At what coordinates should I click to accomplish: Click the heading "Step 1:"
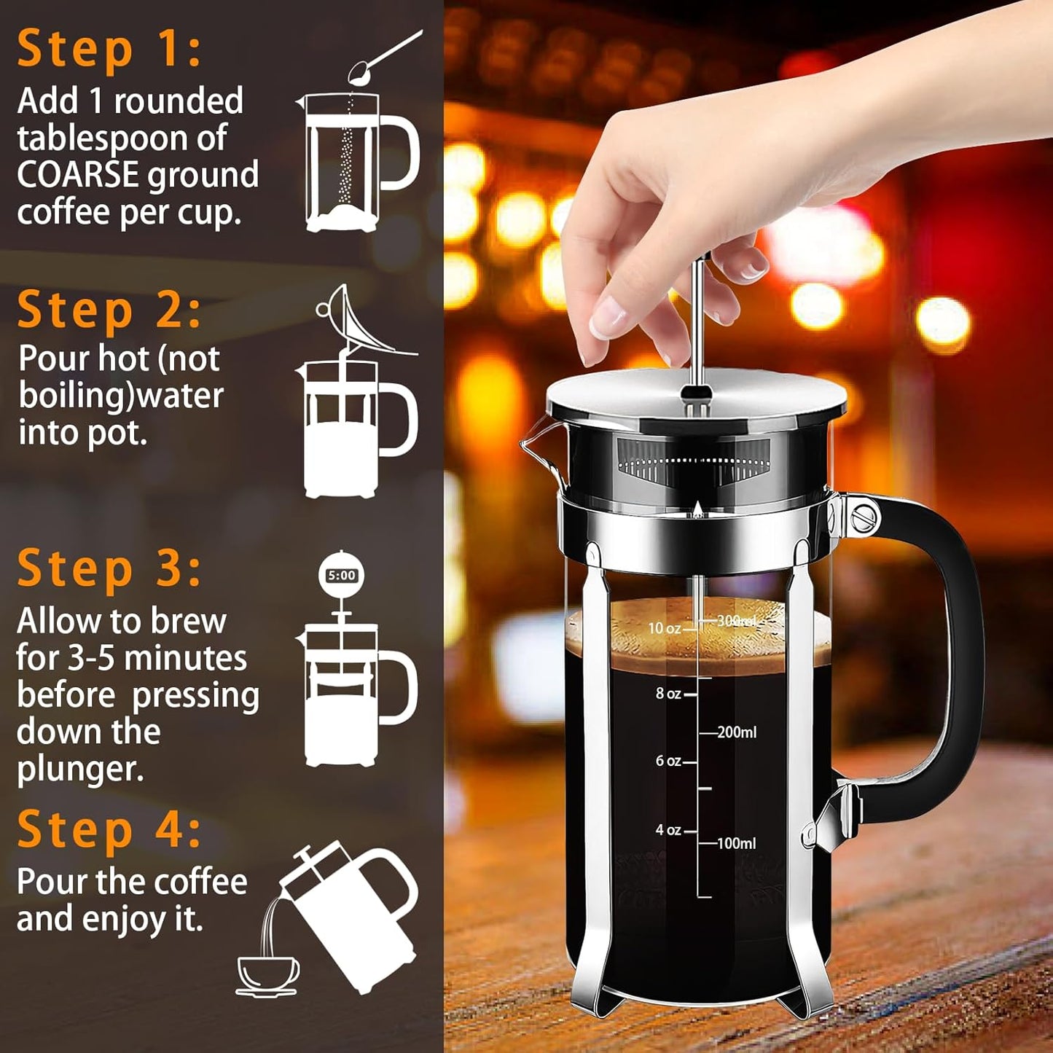pos(109,49)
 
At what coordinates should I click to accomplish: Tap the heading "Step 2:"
pos(109,310)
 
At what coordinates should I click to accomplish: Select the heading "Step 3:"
pos(109,568)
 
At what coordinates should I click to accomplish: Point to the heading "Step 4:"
pos(109,829)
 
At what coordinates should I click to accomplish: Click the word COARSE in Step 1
pos(78,175)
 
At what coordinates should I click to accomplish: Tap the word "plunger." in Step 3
pos(80,770)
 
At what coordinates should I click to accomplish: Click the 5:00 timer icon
pos(341,576)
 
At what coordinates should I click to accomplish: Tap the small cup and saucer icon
pos(267,975)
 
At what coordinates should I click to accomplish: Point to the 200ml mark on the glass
pos(736,732)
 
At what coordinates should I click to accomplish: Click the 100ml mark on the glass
pos(736,843)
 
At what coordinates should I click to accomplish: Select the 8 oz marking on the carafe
pos(668,694)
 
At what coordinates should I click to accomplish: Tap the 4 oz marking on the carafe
pos(668,830)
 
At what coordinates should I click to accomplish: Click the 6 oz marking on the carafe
pos(668,761)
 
